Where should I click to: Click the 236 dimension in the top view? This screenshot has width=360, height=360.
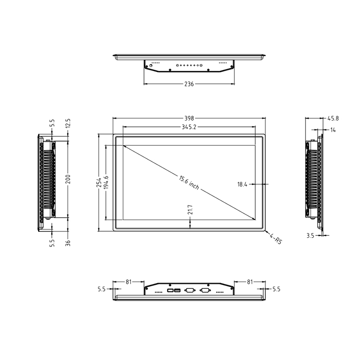point(189,84)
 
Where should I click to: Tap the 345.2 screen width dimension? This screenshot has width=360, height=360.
point(189,127)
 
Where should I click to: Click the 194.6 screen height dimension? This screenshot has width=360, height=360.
point(107,183)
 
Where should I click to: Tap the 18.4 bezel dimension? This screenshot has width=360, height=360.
point(242,184)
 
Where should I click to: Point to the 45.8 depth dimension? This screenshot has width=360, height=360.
point(333,118)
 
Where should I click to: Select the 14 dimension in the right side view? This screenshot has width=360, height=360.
point(333,130)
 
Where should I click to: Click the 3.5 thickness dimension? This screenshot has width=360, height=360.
point(310,235)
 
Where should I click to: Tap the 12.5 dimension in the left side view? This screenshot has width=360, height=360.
point(68,122)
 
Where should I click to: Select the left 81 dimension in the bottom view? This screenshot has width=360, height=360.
point(128,282)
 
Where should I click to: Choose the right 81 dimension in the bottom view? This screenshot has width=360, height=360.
point(249,282)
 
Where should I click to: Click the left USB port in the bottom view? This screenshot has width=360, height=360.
point(170,291)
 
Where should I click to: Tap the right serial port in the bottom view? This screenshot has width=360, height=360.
point(205,291)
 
